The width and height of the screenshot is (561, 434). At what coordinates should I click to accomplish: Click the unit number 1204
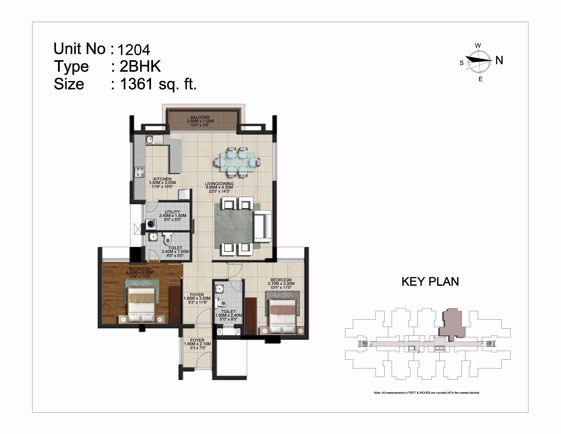(x=134, y=50)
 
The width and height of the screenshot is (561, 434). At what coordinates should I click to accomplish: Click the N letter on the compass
(x=499, y=60)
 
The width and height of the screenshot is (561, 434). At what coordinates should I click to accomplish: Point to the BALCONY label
(x=200, y=117)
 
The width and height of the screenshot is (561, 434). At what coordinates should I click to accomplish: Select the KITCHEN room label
(x=162, y=179)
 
